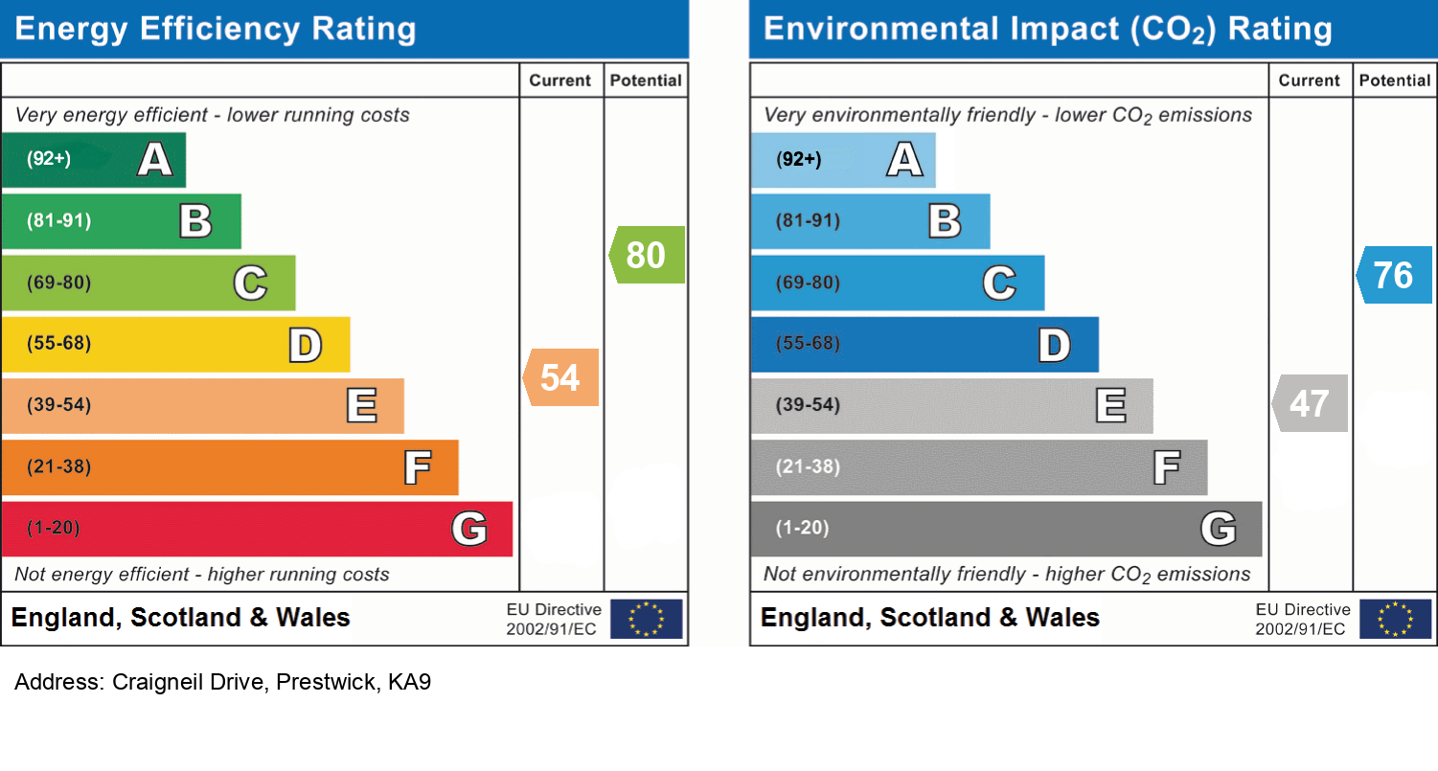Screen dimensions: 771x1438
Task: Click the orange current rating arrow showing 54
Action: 561,377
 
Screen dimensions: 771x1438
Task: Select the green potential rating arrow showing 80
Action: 648,255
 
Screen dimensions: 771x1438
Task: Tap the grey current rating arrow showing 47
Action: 1311,403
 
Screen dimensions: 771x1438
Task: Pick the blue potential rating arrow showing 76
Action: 1395,275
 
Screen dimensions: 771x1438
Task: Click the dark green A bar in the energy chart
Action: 93,160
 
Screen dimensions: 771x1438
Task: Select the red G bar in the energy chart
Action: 257,529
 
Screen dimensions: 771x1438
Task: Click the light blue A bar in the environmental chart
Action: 842,160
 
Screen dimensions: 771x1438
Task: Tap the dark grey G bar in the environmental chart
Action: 1006,529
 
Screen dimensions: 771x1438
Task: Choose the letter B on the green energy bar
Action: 195,221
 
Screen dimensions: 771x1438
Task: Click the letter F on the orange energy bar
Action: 416,467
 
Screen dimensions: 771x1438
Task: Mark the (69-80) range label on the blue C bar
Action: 808,283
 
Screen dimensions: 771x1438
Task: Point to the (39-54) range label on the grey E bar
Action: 808,405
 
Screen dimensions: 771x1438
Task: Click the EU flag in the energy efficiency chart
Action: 647,619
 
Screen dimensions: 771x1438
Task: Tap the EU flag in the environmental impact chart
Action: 1396,619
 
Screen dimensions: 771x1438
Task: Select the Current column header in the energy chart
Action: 560,80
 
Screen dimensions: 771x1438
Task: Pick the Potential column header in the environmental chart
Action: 1395,80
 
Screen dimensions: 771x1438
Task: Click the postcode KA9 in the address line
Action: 409,683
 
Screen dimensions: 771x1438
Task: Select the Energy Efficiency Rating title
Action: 216,29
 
